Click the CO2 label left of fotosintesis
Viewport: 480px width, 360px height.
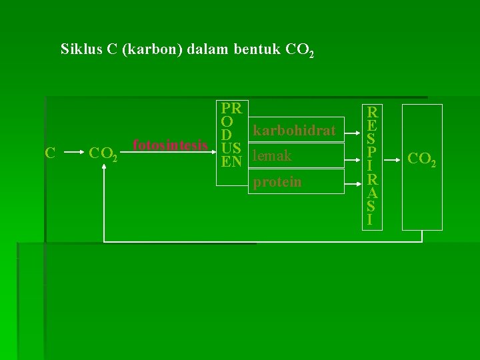click(103, 155)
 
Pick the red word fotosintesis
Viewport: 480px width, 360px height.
click(170, 145)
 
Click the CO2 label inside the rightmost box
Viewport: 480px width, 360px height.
click(421, 159)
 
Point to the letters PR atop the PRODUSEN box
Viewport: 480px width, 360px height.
click(233, 108)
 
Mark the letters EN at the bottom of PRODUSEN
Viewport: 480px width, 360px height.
click(232, 161)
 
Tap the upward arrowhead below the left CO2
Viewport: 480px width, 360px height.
click(105, 169)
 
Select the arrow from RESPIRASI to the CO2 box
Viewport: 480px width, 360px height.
click(393, 158)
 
